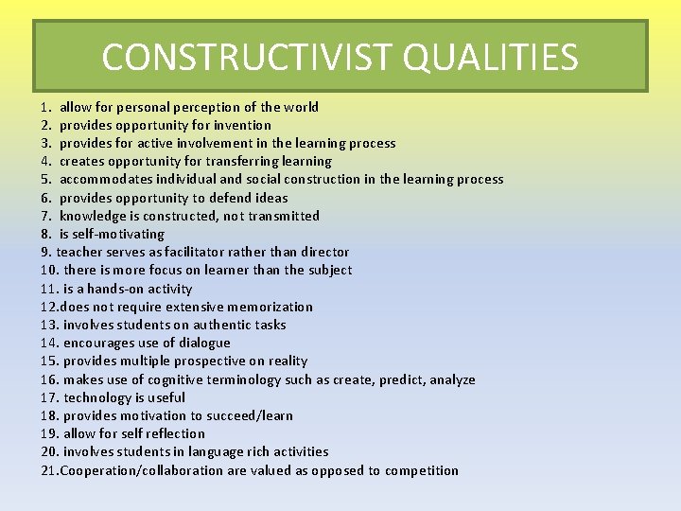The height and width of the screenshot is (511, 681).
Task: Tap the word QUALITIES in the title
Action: click(x=490, y=57)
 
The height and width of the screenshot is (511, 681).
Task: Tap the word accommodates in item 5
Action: click(x=101, y=179)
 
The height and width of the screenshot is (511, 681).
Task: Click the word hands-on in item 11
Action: click(x=113, y=289)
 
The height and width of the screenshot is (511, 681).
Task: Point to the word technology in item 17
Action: click(x=97, y=397)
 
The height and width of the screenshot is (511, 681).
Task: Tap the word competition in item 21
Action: click(x=422, y=470)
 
